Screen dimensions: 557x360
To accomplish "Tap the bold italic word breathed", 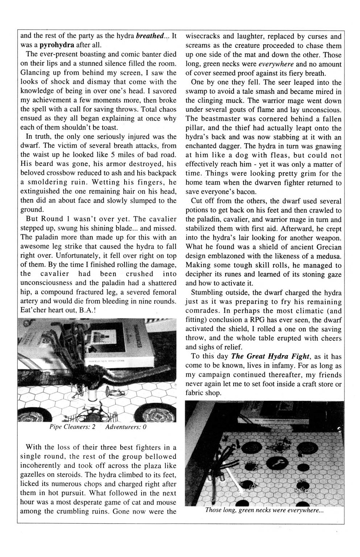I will [150, 36].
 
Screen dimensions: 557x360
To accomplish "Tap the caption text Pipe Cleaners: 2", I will [72, 427].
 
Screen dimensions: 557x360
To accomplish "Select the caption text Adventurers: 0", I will [125, 427].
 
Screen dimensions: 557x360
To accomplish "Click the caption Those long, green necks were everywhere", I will [264, 511].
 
